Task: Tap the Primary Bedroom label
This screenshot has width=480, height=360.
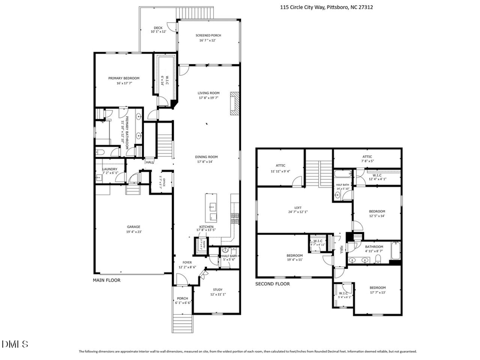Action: pos(124,78)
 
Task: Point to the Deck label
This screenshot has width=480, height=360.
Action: pos(158,28)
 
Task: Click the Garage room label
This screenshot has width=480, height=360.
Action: pos(133,227)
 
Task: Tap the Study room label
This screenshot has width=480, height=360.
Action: pos(217,290)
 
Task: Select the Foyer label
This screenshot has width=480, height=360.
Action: pos(187,262)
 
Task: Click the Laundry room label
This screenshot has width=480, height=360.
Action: pos(109,170)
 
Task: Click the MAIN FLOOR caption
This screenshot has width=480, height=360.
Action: pos(107,280)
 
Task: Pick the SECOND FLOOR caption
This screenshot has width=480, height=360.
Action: pos(272,284)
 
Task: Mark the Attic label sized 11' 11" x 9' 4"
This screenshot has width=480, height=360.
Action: pos(281,168)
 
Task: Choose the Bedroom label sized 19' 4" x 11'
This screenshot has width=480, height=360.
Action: pos(295,258)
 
